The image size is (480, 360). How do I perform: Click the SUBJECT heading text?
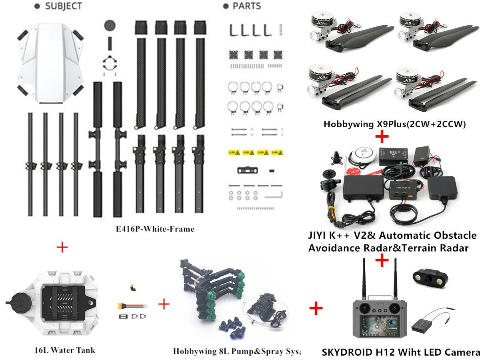coord(63,6)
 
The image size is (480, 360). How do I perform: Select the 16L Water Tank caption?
coord(65,350)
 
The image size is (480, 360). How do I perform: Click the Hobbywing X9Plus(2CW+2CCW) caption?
coord(395,124)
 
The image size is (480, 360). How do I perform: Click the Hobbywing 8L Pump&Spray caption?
coord(236,352)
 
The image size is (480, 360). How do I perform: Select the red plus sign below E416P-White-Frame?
coord(62,247)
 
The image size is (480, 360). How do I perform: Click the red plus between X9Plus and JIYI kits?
coord(382,138)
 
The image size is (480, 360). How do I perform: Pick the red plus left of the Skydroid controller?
coord(316,308)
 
